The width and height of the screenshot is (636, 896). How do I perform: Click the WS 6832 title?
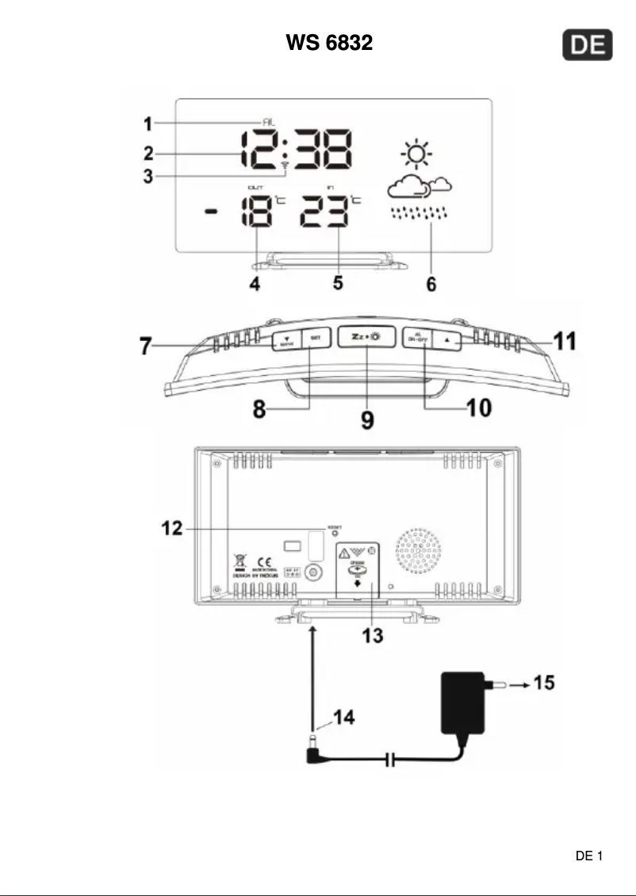329,43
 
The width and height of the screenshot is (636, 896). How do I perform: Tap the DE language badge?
588,47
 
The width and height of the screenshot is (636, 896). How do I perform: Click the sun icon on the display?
416,154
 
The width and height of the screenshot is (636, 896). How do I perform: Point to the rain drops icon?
420,213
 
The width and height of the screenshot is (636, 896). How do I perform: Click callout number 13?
372,634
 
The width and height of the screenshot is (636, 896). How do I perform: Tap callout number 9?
367,419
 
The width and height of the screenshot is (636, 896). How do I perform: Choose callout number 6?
431,284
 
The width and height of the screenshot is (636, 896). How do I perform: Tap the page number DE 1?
589,856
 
